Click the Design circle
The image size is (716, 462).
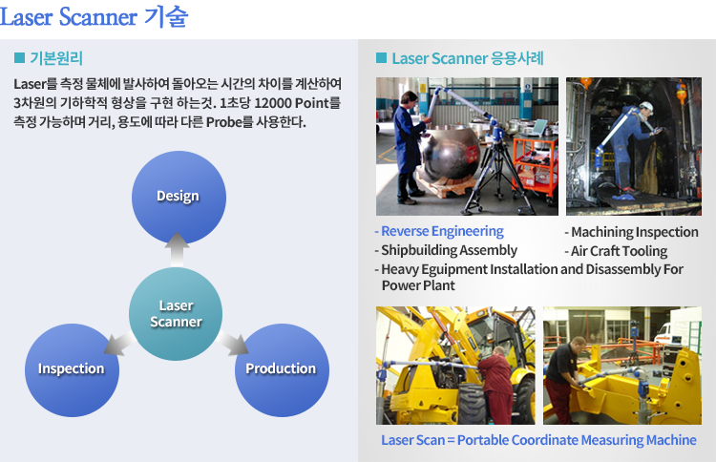(179, 198)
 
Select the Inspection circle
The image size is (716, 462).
(72, 369)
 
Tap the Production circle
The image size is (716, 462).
(282, 369)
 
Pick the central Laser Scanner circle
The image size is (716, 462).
(176, 314)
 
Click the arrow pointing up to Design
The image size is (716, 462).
(177, 249)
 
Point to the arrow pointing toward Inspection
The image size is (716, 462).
(119, 344)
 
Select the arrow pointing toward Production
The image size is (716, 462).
(233, 344)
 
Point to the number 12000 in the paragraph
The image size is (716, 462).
(273, 103)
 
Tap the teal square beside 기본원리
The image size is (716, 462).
(19, 57)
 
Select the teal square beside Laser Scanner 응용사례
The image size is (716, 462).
(381, 57)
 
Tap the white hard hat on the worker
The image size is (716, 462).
(645, 107)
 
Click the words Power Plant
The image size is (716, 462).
(418, 285)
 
